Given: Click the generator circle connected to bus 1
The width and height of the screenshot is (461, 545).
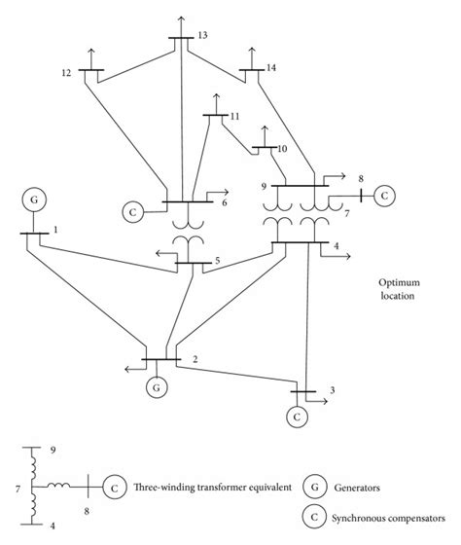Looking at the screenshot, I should tap(34, 200).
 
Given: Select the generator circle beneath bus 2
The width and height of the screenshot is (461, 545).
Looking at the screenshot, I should tap(155, 387).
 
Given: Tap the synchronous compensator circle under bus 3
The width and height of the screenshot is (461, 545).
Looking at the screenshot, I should tap(294, 417).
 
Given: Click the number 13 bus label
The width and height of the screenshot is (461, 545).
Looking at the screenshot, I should tap(201, 35).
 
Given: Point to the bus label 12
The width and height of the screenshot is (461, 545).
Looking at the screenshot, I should tap(66, 72).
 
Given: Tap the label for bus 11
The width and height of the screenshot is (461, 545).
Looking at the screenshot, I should tap(234, 117).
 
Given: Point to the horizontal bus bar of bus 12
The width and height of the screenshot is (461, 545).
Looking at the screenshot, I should tap(92, 71).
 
